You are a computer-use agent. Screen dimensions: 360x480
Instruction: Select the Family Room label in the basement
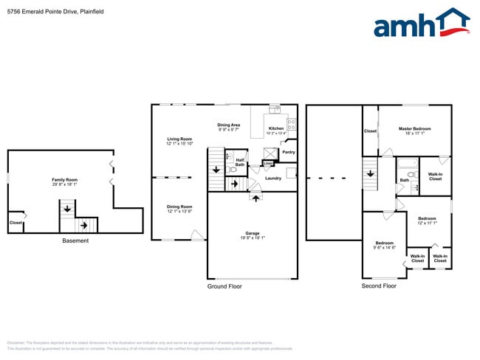tap(64, 180)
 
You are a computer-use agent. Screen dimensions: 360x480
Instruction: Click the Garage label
tap(253, 233)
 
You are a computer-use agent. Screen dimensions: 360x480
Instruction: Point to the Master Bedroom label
tap(414, 128)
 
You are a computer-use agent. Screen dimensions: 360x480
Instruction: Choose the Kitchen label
tap(275, 128)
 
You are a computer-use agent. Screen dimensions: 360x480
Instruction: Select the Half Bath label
tap(240, 162)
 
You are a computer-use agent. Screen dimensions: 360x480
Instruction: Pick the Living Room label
tap(179, 139)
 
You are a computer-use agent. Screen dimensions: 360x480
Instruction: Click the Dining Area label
tap(228, 125)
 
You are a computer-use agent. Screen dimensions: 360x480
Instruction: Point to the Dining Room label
tap(179, 207)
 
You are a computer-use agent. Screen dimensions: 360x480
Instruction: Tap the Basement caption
tap(75, 241)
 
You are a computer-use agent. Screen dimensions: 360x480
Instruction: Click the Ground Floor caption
tap(224, 286)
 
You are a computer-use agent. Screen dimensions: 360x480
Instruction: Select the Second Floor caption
tap(379, 286)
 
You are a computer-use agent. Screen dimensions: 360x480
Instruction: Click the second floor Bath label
tap(405, 180)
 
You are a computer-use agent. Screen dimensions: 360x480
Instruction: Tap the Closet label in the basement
tap(16, 223)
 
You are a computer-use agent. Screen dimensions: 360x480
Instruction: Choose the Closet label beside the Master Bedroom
tap(370, 131)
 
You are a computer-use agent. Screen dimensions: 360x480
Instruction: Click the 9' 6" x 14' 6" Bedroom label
tap(384, 244)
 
